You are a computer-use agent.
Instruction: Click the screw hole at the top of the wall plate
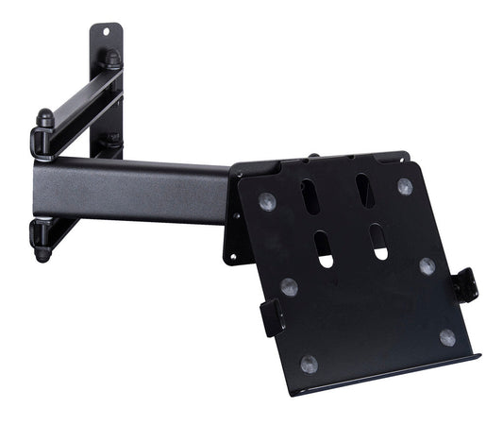coord(107,31)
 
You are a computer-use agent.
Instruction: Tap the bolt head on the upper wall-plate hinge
coord(112,59)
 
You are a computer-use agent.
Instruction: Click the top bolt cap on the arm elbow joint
coord(44,118)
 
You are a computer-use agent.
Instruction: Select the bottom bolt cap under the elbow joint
coord(42,253)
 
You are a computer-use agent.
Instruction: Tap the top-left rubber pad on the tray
coord(267,200)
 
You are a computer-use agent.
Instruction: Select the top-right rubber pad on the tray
coord(404,186)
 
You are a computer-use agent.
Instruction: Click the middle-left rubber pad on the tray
coord(289,287)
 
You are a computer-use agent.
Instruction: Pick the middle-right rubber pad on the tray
coord(428,266)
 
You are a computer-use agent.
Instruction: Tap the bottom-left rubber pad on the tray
coord(310,363)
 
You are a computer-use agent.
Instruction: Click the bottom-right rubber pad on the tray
coord(447,337)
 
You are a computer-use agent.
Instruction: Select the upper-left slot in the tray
coord(310,195)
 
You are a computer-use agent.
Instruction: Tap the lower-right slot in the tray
coord(379,241)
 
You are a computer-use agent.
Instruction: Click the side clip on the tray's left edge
coord(272,317)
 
